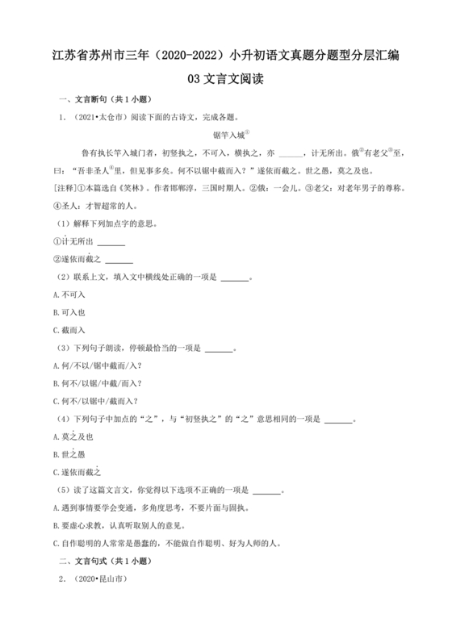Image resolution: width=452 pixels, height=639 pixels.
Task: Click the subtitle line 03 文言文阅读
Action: [x=226, y=80]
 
